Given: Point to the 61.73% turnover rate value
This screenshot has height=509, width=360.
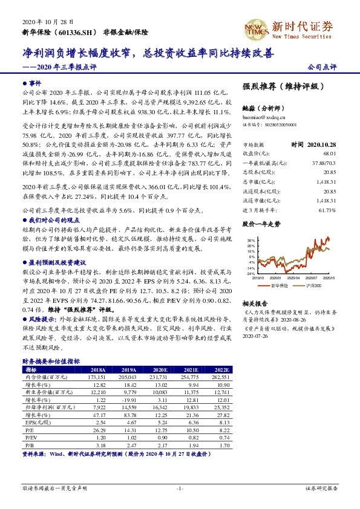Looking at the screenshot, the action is coord(326,192).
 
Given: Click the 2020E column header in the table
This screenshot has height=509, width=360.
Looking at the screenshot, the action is coord(161,369).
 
